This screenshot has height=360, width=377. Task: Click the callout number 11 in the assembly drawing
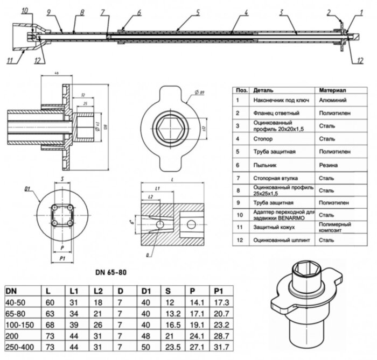point(9,60)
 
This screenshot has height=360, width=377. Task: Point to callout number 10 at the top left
point(25,10)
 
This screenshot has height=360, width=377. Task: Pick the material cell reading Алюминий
point(332,100)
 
